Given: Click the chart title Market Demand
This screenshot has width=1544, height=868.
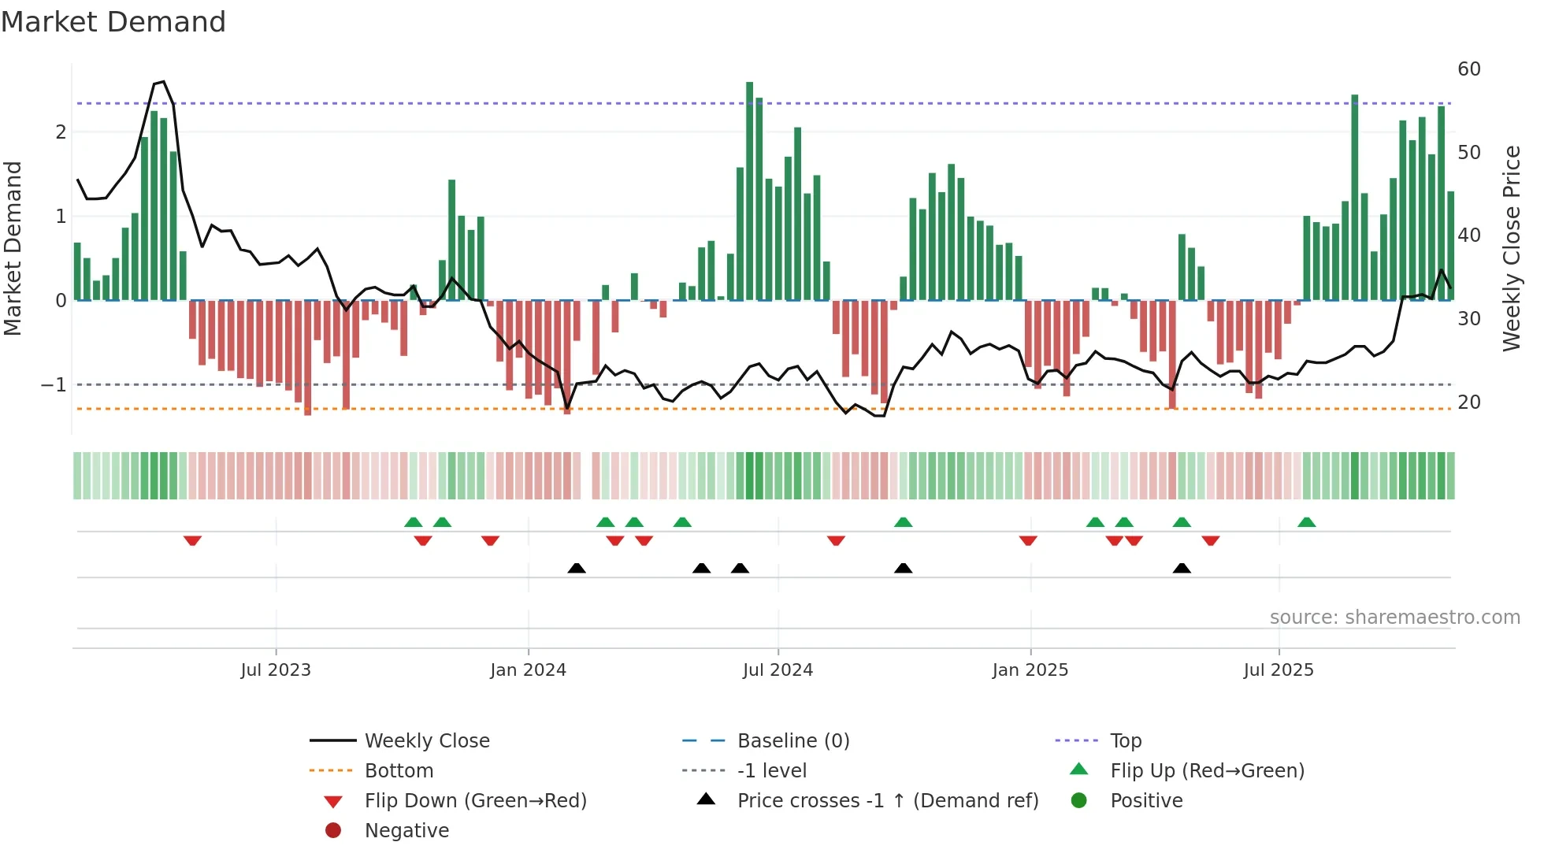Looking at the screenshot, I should tap(113, 22).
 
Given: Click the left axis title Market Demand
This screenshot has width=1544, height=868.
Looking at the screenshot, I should tap(13, 248).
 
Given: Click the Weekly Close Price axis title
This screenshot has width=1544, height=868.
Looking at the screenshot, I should tap(1511, 248).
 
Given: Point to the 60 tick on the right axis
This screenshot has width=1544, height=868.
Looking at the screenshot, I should tap(1468, 69).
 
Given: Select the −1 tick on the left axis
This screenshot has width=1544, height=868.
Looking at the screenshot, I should tap(54, 385).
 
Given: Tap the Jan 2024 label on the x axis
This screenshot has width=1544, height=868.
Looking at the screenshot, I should tap(528, 670).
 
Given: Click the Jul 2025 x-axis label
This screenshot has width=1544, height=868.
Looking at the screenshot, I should tap(1278, 670).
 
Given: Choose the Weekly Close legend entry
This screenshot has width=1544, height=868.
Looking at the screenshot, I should tap(426, 741).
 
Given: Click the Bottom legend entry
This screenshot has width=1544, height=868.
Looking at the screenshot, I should tap(399, 771).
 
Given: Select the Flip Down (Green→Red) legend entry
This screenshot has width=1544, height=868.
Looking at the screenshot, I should tap(475, 801).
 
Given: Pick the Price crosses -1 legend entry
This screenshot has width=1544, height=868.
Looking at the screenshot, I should tap(887, 801).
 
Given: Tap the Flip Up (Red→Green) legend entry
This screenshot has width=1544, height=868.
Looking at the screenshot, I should tap(1207, 771).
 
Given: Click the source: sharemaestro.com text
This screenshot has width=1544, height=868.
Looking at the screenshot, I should tap(1394, 618).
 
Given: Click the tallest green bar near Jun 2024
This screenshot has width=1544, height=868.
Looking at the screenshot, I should tap(749, 189).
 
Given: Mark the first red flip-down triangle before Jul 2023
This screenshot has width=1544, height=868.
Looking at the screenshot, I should tap(192, 540).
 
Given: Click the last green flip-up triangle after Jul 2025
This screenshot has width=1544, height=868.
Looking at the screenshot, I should tap(1306, 522).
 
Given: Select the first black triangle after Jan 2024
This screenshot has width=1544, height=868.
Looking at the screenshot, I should tap(577, 568).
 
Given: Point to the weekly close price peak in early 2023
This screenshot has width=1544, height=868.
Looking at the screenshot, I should tap(163, 81).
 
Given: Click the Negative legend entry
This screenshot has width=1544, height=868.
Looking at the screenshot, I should tap(406, 831).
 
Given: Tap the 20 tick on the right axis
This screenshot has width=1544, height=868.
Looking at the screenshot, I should tap(1468, 402).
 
